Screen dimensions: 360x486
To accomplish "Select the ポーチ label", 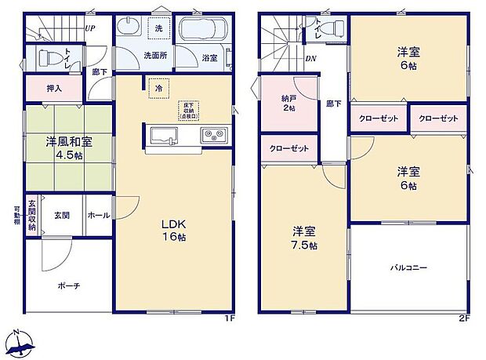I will tap(68, 285).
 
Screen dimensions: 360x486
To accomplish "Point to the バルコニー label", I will tap(409, 267).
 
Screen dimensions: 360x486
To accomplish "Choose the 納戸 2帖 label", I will tap(289, 103).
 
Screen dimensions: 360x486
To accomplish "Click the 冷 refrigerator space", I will tap(158, 89).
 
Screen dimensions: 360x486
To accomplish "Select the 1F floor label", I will tap(230, 319).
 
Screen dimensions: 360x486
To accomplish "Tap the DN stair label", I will tap(310, 59).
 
